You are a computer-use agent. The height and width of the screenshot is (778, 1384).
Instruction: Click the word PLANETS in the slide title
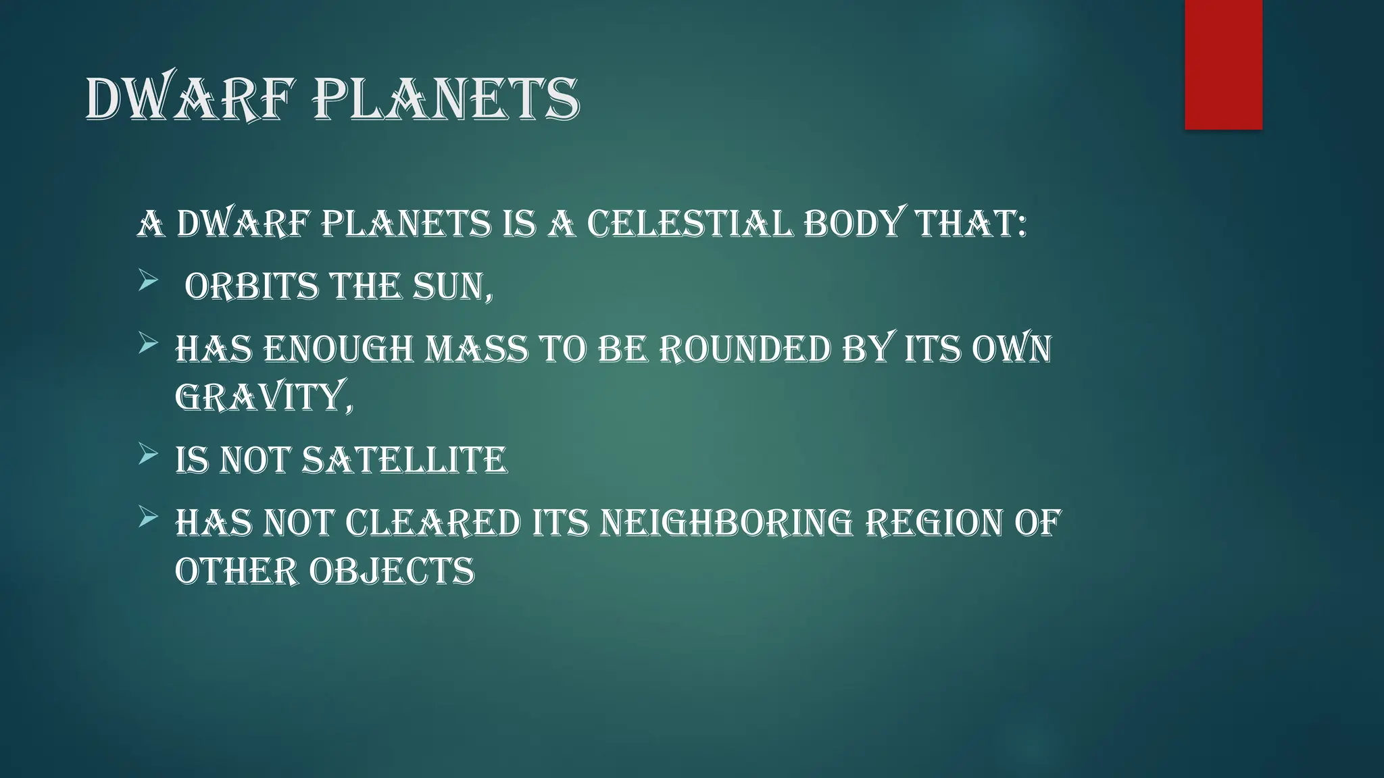coord(446,100)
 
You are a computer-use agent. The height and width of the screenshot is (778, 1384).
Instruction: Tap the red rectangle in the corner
coord(1223,65)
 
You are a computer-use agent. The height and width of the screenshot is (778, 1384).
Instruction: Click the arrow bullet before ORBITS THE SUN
coord(148,280)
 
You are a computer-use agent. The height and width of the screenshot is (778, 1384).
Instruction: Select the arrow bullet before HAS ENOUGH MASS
coord(148,344)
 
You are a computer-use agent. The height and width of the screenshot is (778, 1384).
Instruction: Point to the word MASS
coord(476,350)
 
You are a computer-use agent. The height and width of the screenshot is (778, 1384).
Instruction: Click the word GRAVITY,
coord(264,397)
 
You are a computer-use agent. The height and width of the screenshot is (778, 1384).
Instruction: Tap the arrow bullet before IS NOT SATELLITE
coord(148,454)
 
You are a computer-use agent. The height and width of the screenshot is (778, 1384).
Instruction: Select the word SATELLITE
coord(404,461)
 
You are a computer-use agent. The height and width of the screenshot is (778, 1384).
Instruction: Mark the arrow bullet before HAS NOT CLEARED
coord(148,517)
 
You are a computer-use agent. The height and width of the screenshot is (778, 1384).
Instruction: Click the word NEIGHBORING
coord(727,523)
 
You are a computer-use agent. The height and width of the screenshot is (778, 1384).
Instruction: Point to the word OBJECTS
coord(392,571)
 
